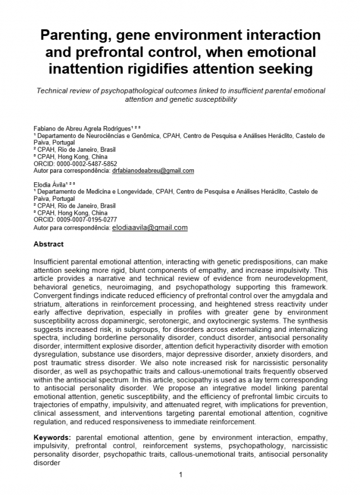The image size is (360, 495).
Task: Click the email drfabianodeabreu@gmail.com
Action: pos(153,170)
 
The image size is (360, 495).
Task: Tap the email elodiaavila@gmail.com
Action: pos(150,228)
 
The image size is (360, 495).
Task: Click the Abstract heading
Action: pos(49,244)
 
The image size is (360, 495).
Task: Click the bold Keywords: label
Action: pos(52,436)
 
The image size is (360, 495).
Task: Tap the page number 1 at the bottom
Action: pos(181,475)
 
